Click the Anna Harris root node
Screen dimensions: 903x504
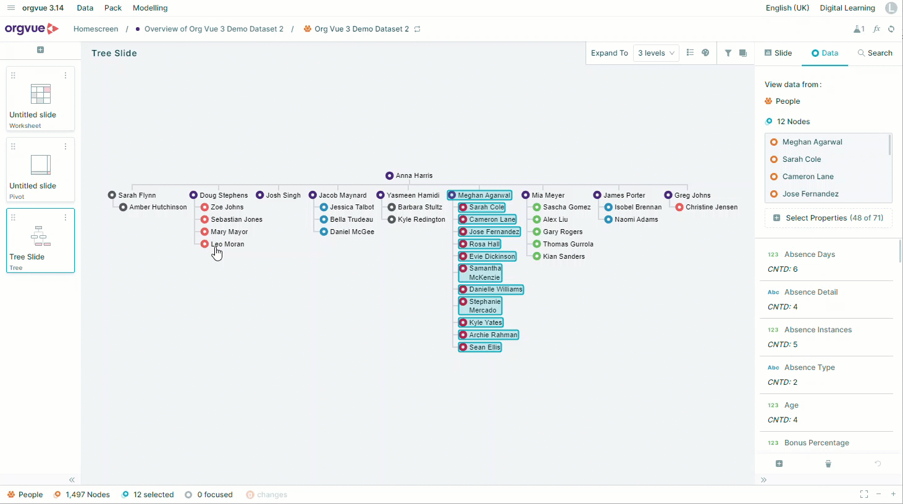pos(409,175)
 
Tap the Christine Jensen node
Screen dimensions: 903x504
pos(707,208)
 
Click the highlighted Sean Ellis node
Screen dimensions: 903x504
pos(480,347)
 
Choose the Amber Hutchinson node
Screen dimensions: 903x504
pos(153,208)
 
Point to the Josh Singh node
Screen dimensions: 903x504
pos(279,195)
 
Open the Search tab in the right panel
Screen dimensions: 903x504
pos(875,53)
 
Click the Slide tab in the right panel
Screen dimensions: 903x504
pos(778,53)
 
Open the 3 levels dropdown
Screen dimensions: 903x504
pos(656,53)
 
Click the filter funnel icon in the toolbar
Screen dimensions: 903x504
pos(728,53)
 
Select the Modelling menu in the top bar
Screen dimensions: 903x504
pos(150,7)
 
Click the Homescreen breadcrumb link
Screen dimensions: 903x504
pos(96,28)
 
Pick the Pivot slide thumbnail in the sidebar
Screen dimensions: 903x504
pos(40,169)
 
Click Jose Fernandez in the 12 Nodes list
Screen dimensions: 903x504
pos(810,194)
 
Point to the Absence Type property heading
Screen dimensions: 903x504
pos(809,367)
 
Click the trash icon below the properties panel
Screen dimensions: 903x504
pos(828,464)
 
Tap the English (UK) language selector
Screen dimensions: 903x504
pos(787,7)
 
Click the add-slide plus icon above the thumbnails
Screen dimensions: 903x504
pos(40,49)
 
